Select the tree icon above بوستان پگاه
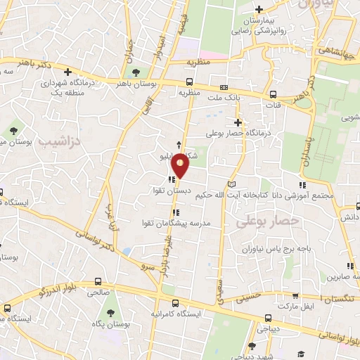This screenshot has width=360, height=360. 110,314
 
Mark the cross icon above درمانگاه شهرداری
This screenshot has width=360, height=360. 68,71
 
